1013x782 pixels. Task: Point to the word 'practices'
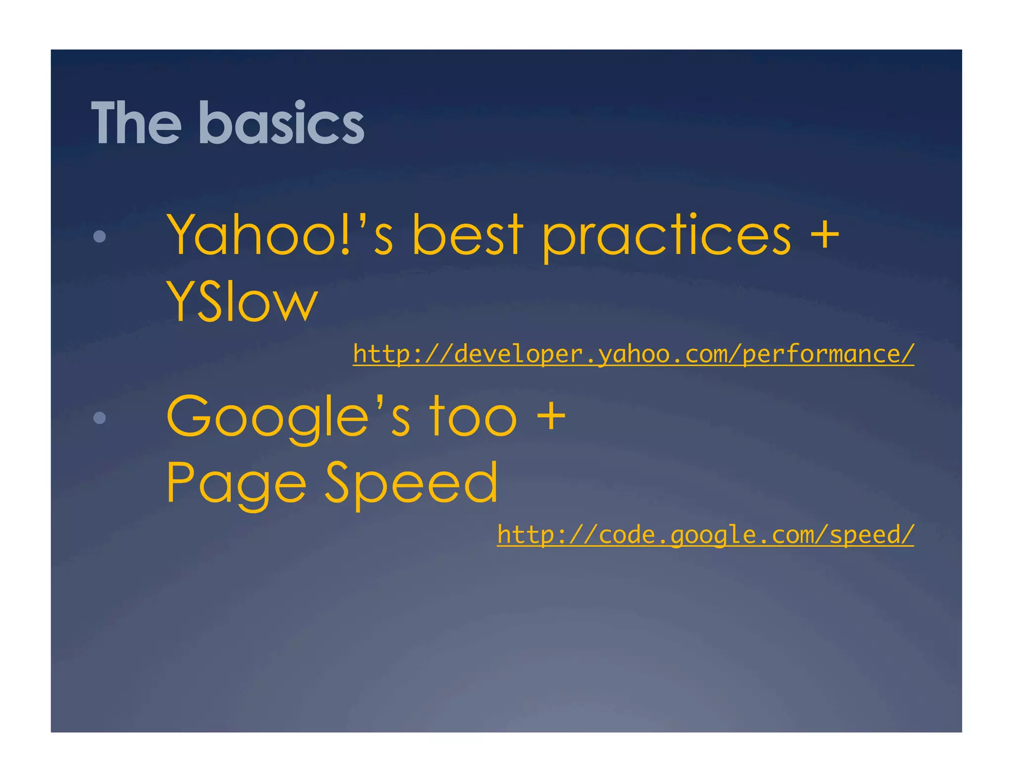click(666, 236)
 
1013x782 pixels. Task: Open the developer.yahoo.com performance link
click(633, 354)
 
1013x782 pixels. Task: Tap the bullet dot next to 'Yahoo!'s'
click(99, 236)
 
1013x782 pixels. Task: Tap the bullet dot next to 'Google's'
click(99, 418)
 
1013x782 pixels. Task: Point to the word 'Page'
click(236, 483)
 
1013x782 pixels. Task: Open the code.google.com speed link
click(705, 535)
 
